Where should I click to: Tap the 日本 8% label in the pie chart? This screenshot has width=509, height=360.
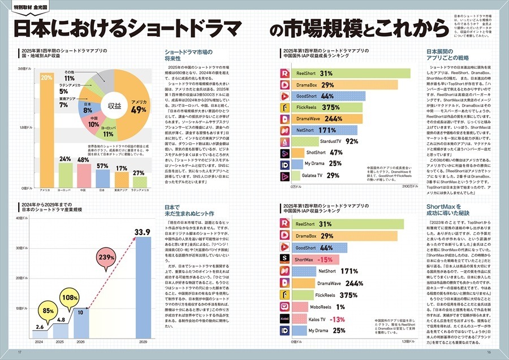pyautogui.click(x=88, y=107)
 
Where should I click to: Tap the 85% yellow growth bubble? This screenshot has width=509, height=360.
pyautogui.click(x=49, y=310)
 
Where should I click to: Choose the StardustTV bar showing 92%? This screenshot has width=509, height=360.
pyautogui.click(x=325, y=141)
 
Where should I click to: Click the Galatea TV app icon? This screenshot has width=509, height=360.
pyautogui.click(x=286, y=176)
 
